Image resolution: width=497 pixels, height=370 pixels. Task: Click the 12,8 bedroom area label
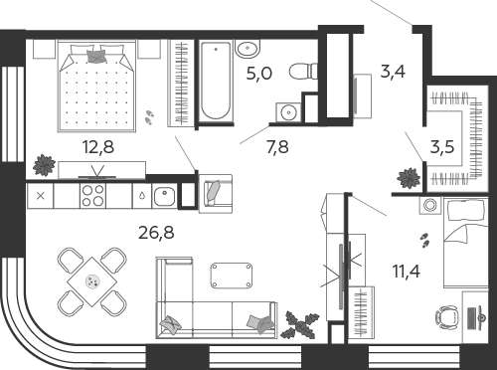(x=98, y=147)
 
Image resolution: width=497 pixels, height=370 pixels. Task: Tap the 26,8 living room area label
(x=156, y=233)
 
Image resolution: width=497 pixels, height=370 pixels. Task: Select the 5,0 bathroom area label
(x=259, y=74)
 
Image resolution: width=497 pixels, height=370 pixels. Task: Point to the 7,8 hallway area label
(x=277, y=147)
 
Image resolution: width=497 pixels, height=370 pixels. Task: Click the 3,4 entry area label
(x=393, y=72)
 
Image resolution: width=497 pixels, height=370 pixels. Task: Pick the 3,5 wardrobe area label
(x=442, y=146)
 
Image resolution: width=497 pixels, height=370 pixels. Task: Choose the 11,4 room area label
(x=407, y=272)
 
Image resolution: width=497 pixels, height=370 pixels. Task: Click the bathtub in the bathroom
(x=216, y=81)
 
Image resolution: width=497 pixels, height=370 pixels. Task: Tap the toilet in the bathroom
(x=303, y=71)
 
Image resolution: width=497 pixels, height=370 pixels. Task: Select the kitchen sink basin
(x=164, y=196)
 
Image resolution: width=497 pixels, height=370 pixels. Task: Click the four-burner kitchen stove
(x=92, y=196)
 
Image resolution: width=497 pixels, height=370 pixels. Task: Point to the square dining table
(x=91, y=281)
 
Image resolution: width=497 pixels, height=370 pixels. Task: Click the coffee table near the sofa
(x=232, y=276)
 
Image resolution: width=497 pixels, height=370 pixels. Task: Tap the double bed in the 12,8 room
(x=96, y=87)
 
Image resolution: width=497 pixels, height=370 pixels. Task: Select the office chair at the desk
(x=447, y=317)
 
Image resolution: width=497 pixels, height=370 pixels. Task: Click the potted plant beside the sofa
(x=300, y=324)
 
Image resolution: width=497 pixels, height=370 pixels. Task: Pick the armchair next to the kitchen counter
(x=216, y=194)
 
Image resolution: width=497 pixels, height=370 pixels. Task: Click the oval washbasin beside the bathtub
(x=248, y=48)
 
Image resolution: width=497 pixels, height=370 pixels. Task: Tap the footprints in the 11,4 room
(x=424, y=240)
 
